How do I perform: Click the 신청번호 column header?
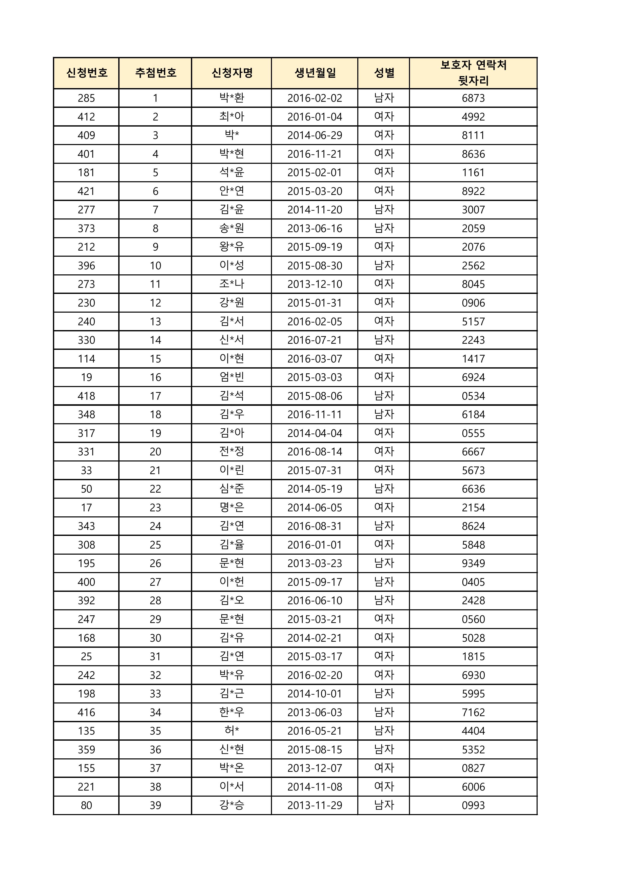[x=86, y=73]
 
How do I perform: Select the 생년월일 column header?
[x=315, y=73]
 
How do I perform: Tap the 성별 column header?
[x=384, y=73]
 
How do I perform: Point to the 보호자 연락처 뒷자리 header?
[x=473, y=73]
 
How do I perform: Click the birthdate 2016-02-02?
[x=315, y=98]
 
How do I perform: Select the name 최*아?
[x=232, y=117]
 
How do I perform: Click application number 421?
[x=86, y=191]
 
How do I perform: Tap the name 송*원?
[x=232, y=228]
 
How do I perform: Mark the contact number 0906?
[x=473, y=303]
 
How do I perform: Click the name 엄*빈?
[x=232, y=377]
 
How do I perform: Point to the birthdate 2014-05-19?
[x=315, y=489]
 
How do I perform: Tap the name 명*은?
[x=232, y=508]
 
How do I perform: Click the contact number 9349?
[x=473, y=563]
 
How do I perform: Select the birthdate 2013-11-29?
[x=315, y=805]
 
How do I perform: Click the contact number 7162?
[x=473, y=712]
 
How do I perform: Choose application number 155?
[x=86, y=768]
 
